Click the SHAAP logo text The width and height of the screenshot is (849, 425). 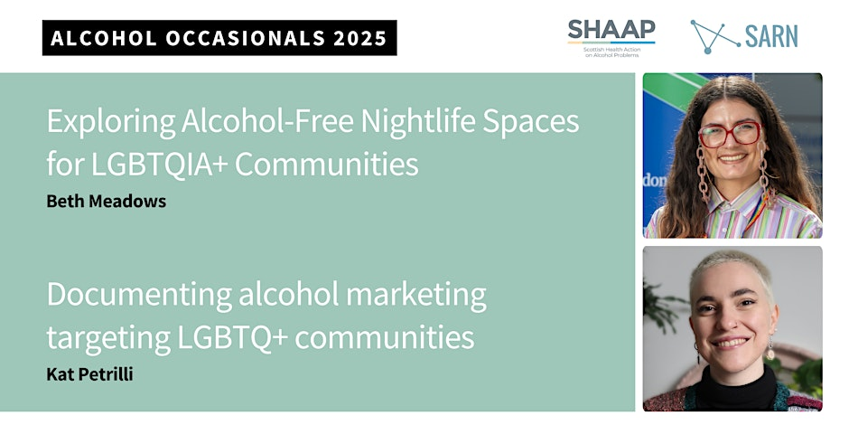[611, 31]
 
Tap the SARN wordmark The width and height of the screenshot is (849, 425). [771, 37]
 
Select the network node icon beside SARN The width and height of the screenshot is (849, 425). [714, 37]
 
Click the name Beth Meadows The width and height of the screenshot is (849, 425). [107, 201]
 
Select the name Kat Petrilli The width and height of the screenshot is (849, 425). [90, 374]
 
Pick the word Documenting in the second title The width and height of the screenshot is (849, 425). [139, 296]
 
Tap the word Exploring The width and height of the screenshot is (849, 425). [110, 122]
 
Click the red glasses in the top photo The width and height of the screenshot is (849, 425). [730, 134]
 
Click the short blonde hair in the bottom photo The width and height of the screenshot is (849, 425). [732, 269]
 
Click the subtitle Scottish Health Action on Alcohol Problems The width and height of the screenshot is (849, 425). [611, 52]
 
